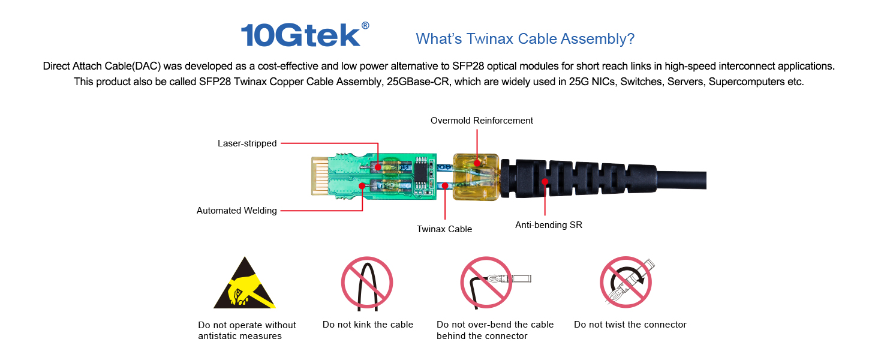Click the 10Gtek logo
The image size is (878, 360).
(305, 35)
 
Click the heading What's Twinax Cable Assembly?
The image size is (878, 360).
(525, 39)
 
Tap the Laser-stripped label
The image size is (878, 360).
(247, 143)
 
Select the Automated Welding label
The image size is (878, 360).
(236, 211)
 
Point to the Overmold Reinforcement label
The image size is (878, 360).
(482, 121)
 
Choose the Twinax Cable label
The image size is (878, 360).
(444, 229)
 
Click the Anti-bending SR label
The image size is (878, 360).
(548, 225)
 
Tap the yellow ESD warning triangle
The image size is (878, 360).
(245, 283)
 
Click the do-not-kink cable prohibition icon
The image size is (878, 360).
(367, 283)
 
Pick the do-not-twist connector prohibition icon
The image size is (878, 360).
(627, 283)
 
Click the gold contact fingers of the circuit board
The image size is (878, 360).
(320, 176)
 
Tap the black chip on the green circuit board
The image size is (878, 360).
(420, 173)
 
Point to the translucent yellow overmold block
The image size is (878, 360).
(476, 177)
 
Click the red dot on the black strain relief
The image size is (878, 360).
(545, 182)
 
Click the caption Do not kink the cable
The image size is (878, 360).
(368, 325)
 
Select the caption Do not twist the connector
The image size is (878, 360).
(630, 325)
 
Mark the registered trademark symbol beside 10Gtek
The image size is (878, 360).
(365, 25)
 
